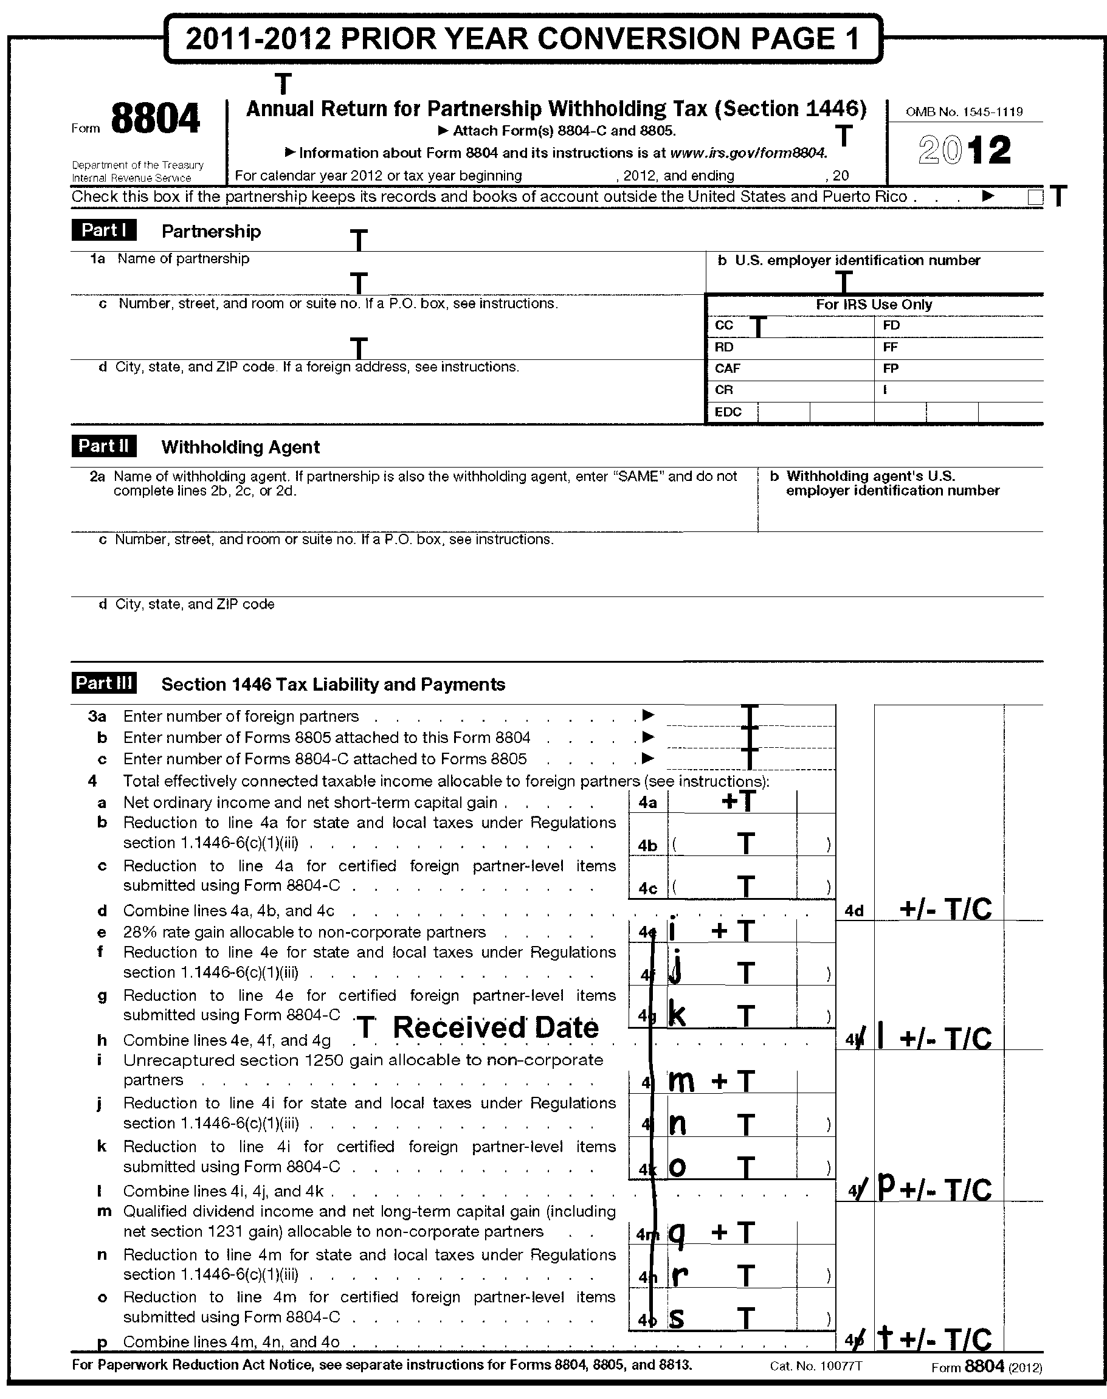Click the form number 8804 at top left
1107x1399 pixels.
[x=155, y=119]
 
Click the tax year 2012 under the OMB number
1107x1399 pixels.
[x=964, y=150]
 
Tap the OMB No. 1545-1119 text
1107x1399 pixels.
[x=964, y=111]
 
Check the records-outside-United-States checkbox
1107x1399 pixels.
[x=1035, y=197]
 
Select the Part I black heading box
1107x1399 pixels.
[x=104, y=230]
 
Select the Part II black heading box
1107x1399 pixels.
[x=104, y=446]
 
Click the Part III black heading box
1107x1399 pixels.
[x=104, y=683]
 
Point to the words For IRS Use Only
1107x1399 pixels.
[x=874, y=305]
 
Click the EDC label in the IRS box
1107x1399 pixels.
[x=728, y=412]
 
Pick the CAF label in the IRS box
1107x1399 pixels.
[x=727, y=369]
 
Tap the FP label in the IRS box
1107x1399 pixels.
[x=891, y=369]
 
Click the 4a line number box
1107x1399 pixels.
[x=647, y=803]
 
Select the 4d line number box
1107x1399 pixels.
[x=854, y=911]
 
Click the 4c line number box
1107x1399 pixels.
[x=647, y=889]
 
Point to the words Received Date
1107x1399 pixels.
[x=496, y=1028]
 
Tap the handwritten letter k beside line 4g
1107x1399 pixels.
[x=677, y=1015]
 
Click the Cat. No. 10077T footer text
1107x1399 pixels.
[x=816, y=1367]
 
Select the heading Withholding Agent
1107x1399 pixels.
[x=241, y=447]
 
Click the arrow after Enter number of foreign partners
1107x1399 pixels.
[x=647, y=715]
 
